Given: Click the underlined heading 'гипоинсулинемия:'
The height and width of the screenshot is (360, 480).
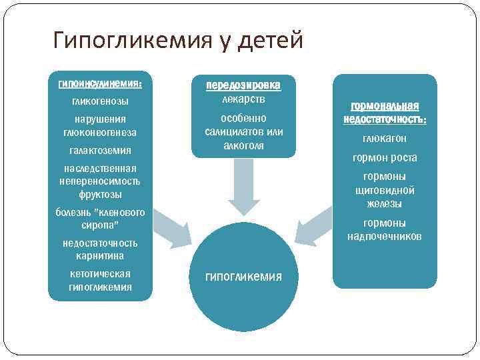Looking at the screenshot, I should coord(100,84).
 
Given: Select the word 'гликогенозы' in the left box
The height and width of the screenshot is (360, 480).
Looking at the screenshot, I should coord(100,101).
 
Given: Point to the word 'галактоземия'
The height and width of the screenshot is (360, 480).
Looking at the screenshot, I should coord(100,150).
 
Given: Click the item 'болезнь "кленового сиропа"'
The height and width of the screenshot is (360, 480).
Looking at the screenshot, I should coord(100,219).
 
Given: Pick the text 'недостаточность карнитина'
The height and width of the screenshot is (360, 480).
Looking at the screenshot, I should coord(100,249).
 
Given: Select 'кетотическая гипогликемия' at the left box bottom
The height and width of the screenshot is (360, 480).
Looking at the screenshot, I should coord(100,281).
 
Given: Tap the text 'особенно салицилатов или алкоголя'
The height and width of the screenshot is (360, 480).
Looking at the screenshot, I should coord(243,132).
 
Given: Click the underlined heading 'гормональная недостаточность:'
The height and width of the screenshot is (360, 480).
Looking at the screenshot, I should coord(385,113).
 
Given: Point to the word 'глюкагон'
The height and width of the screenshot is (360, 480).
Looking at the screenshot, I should coord(385,139).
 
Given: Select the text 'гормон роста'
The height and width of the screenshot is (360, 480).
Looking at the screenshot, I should coord(385,158).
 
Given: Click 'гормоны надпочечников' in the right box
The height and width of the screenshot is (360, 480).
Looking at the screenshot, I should coord(385,230).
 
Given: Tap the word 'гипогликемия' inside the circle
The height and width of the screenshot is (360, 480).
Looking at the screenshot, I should coord(243,276).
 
